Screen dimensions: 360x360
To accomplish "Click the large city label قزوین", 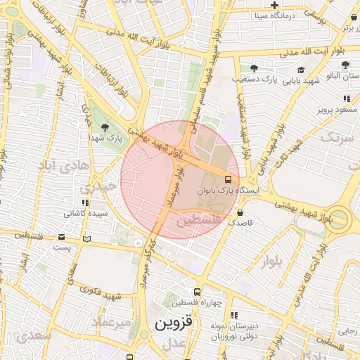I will coord(173,324).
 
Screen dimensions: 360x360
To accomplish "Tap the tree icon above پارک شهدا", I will coord(105,127).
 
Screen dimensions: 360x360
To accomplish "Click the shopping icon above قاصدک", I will coord(241,212).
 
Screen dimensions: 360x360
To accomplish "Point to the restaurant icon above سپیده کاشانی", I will coord(86,202).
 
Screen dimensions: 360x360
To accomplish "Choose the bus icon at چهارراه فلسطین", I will coord(198,292).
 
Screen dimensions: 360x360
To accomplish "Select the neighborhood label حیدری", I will coord(97,188).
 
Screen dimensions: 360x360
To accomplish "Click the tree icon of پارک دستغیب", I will coord(254,69).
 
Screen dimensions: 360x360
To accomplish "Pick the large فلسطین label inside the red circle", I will coord(198,221).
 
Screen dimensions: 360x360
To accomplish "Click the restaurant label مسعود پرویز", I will coord(336,110).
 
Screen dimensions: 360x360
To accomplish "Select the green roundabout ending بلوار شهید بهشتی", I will coord(340,218).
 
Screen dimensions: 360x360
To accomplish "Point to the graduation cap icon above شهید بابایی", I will coord(301,70).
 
